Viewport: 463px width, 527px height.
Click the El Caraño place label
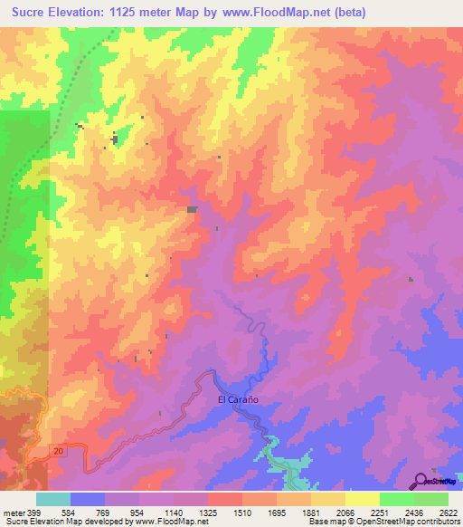click(239, 398)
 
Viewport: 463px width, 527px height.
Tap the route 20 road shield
click(58, 449)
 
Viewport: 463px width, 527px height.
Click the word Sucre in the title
click(33, 13)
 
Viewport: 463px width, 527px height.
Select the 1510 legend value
click(241, 512)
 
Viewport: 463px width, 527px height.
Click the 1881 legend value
click(310, 512)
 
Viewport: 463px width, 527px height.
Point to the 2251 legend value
click(379, 512)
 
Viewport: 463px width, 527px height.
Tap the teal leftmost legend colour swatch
click(53, 499)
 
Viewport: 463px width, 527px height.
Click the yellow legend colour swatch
click(362, 499)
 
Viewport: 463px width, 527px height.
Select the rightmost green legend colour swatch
click(430, 499)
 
